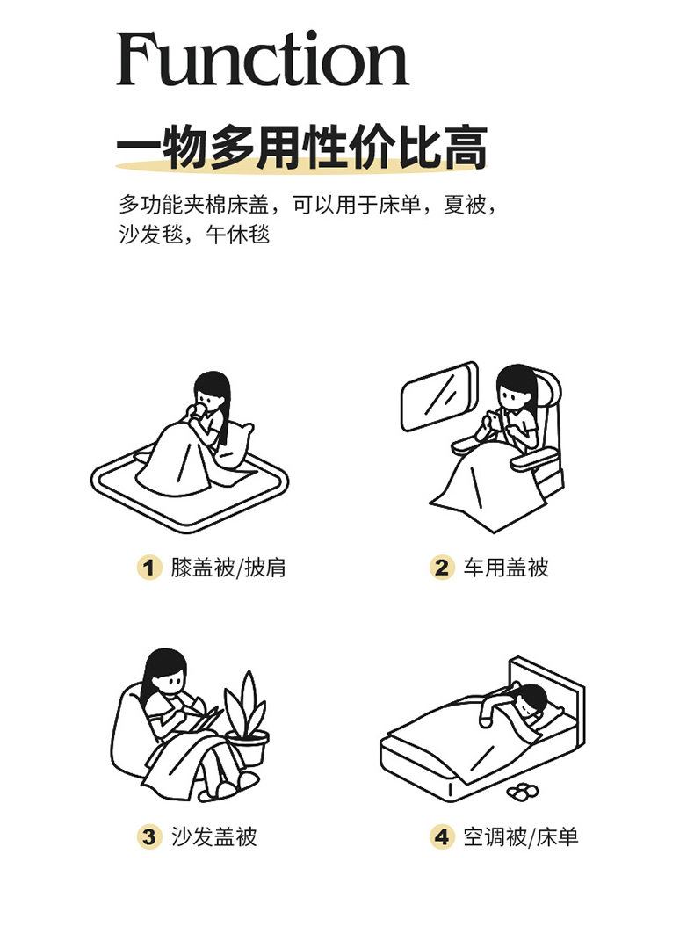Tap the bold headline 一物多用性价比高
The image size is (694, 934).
click(x=302, y=147)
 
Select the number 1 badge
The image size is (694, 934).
click(x=149, y=568)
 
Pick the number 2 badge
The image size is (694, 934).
click(x=442, y=568)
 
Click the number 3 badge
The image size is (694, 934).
click(x=149, y=836)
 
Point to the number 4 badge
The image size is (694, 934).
click(x=442, y=836)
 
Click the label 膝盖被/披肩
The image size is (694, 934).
click(x=228, y=568)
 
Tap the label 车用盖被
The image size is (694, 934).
click(x=506, y=568)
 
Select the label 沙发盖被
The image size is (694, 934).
click(x=213, y=836)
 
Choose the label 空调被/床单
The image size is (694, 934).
click(x=521, y=836)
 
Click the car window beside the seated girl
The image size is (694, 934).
click(x=439, y=395)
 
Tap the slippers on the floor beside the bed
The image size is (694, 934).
click(x=523, y=791)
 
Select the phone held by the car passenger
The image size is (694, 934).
click(x=494, y=421)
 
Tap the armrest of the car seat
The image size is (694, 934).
click(x=531, y=460)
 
